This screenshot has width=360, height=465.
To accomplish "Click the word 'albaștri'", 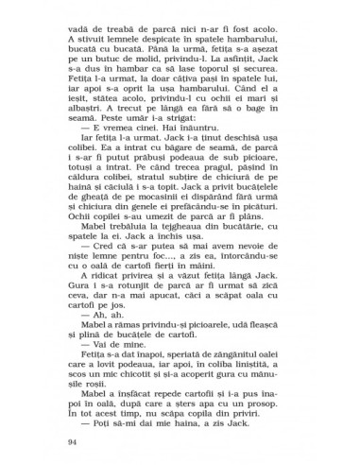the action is coord(99,112).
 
